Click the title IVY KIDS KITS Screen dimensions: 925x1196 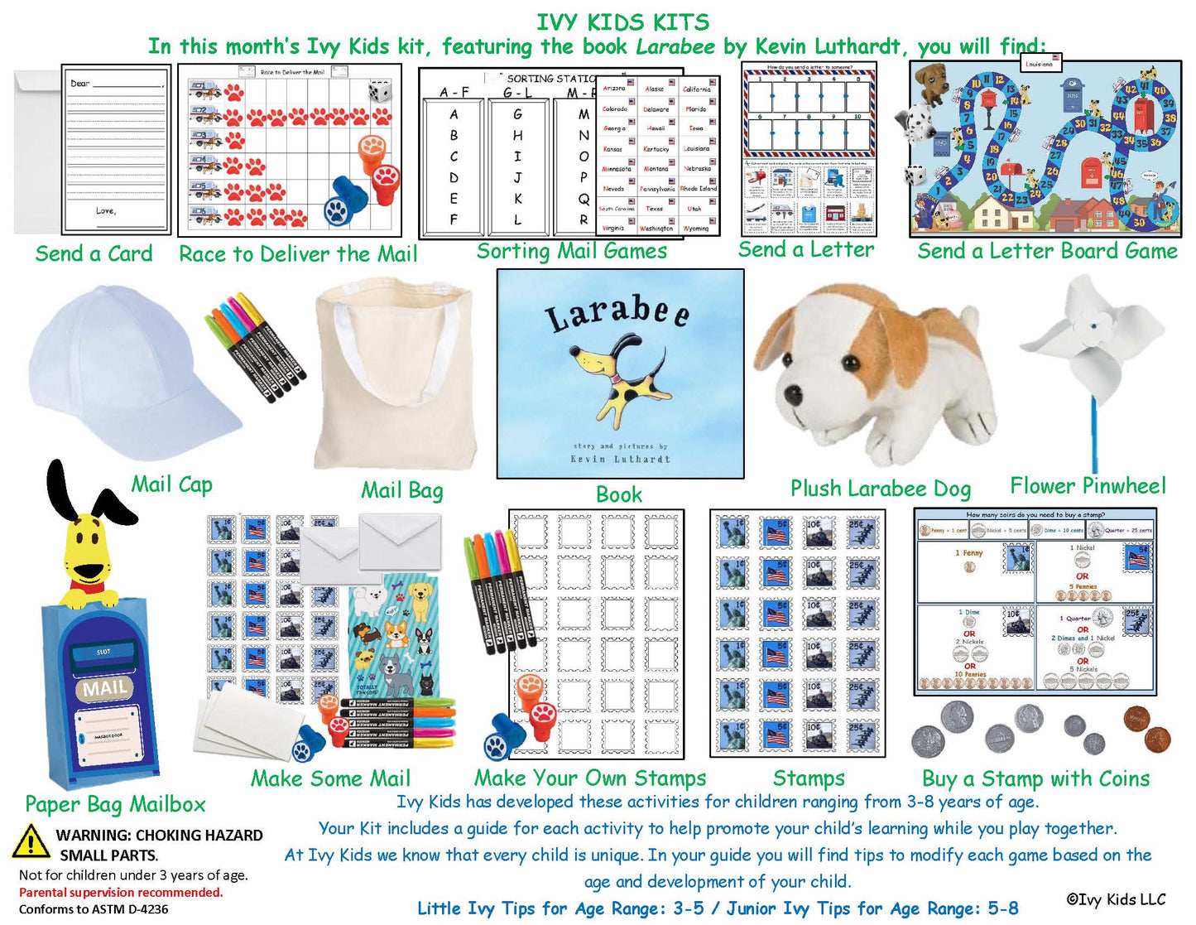[622, 22]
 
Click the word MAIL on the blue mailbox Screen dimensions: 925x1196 [105, 687]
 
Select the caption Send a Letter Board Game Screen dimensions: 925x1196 [1047, 251]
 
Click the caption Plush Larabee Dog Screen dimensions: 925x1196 [880, 489]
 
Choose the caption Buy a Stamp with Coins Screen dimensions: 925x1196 [1035, 778]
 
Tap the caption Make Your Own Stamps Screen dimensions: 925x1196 [590, 778]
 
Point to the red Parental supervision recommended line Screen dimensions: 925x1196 [121, 892]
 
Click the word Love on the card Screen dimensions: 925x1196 [104, 210]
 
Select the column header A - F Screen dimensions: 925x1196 [454, 92]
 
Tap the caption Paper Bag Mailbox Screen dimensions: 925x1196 [115, 804]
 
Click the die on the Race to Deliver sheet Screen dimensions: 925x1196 [380, 91]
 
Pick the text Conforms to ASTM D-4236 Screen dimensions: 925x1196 [94, 908]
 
